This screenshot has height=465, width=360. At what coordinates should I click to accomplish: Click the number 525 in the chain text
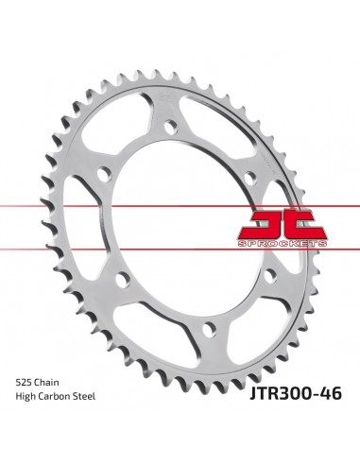(26, 410)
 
